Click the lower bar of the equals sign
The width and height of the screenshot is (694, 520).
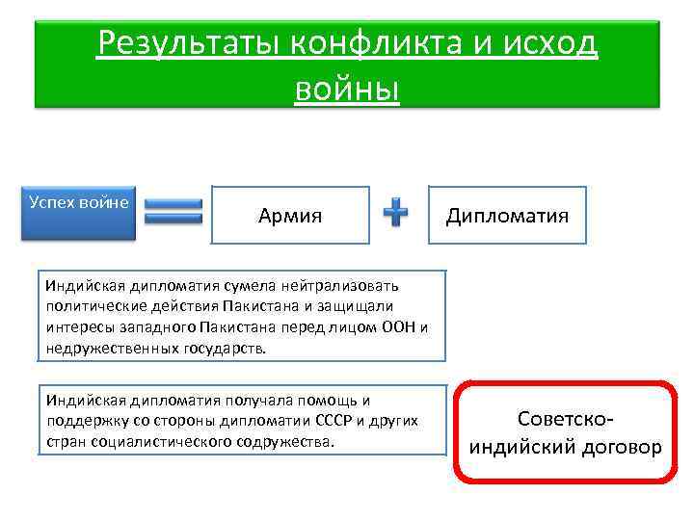point(173,220)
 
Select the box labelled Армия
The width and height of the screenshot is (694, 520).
point(290,215)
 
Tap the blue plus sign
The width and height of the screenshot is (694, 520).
point(395,214)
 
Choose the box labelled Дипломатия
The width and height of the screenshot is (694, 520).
point(507,215)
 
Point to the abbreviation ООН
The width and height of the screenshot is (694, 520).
point(396,327)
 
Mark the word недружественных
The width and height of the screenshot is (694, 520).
point(111,348)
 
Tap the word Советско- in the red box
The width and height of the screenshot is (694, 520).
point(565,420)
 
